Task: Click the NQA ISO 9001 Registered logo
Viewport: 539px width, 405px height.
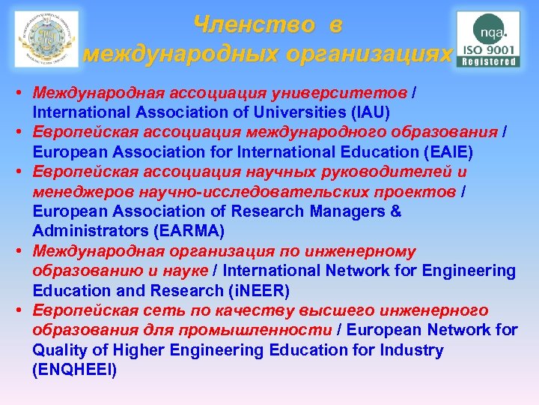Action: coord(489,40)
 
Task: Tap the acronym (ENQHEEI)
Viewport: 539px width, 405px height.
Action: coord(75,370)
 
